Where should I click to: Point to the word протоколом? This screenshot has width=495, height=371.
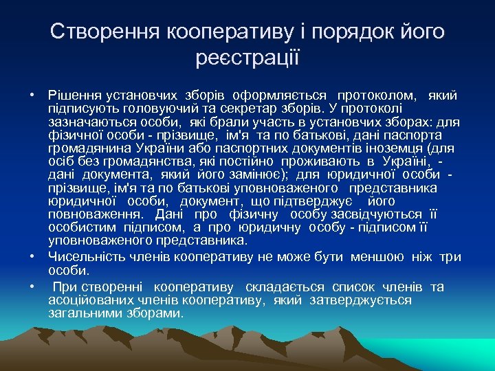coord(376,94)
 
